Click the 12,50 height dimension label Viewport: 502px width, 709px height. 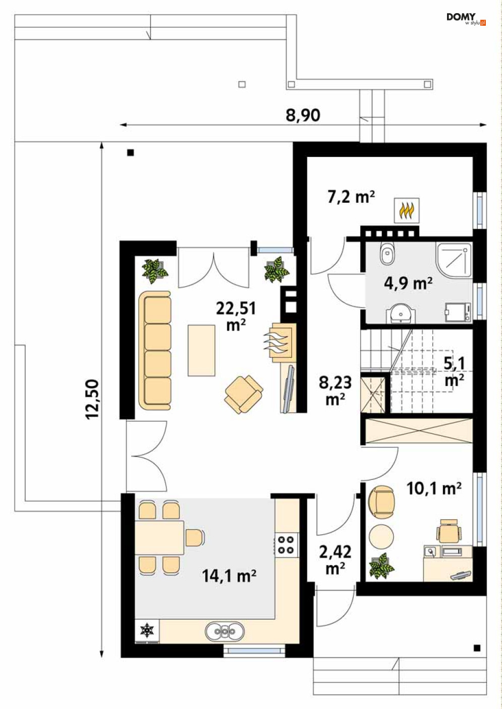92,399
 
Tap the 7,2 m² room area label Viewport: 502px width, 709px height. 351,197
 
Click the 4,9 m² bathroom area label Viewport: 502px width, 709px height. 408,283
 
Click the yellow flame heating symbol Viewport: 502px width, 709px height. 407,210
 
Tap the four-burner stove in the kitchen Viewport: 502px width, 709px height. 286,544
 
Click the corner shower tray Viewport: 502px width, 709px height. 454,261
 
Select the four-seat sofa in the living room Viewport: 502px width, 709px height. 155,350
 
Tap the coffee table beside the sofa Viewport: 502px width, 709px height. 201,350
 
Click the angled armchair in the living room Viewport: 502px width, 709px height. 243,394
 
